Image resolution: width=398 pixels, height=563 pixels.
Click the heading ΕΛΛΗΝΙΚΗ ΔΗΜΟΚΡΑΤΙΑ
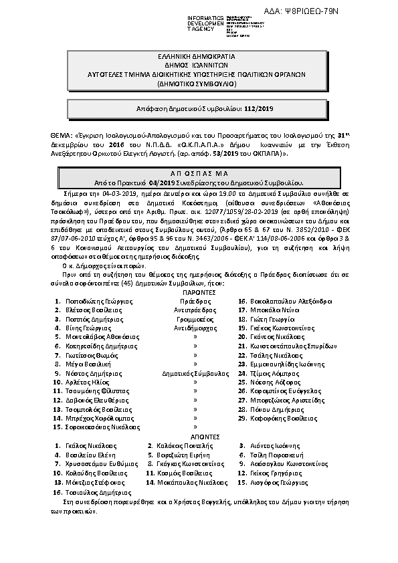(199, 58)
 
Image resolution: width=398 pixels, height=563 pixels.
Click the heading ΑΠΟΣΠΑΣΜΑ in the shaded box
(199, 173)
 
